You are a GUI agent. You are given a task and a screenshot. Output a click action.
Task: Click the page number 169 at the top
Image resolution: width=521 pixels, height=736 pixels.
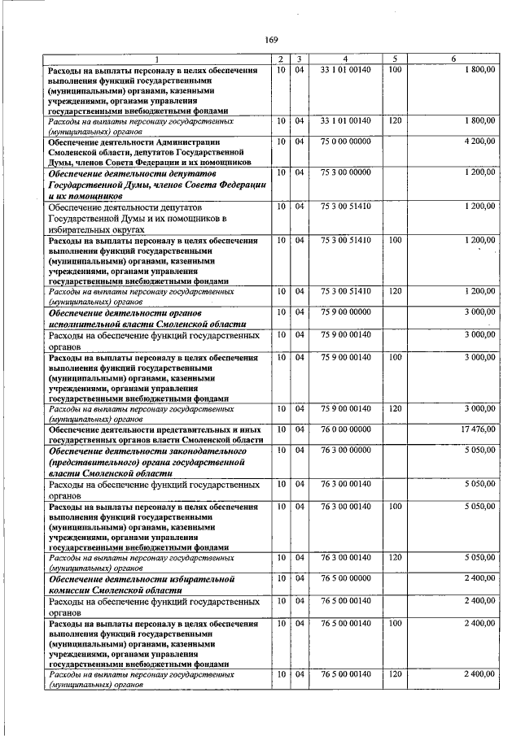pos(271,40)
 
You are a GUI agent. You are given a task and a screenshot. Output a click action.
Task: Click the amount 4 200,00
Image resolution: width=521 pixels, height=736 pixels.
pos(479,142)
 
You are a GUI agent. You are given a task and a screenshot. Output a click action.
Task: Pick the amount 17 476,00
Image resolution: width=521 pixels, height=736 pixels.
pos(477,429)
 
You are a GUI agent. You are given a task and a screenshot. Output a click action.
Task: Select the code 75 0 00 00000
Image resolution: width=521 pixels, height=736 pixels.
pos(345,142)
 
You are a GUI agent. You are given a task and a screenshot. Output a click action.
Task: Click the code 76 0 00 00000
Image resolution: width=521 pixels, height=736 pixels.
pos(345,429)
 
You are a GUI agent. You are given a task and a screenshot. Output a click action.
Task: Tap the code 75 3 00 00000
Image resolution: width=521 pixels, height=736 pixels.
pos(345,172)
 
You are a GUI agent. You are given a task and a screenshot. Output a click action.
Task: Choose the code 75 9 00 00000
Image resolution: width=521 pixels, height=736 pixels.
pos(345,312)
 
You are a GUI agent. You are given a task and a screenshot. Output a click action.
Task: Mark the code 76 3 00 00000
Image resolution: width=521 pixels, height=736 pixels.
pos(345,451)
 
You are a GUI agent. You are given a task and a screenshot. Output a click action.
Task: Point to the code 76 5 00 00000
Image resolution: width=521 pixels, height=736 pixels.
pos(345,578)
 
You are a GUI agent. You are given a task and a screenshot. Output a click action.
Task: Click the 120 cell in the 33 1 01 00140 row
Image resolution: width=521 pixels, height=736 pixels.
pos(395,120)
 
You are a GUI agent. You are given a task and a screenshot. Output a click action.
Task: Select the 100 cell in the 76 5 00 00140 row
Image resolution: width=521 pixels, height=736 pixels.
pos(395,622)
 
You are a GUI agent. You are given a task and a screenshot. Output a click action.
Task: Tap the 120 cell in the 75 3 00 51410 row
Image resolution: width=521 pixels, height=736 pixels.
pos(395,290)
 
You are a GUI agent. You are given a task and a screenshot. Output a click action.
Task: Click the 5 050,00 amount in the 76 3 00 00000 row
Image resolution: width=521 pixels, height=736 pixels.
pos(479,451)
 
